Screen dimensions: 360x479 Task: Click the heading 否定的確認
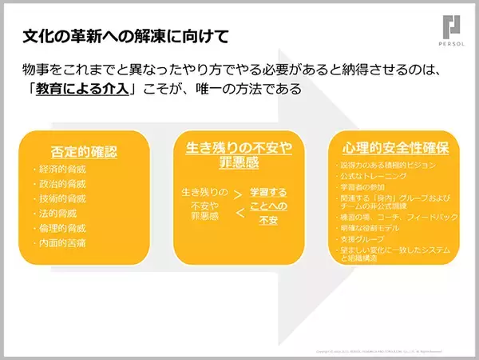point(84,150)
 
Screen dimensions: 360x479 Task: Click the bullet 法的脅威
point(55,213)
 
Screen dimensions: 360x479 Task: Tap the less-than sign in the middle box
point(239,212)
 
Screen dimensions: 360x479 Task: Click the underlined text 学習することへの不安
point(268,206)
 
